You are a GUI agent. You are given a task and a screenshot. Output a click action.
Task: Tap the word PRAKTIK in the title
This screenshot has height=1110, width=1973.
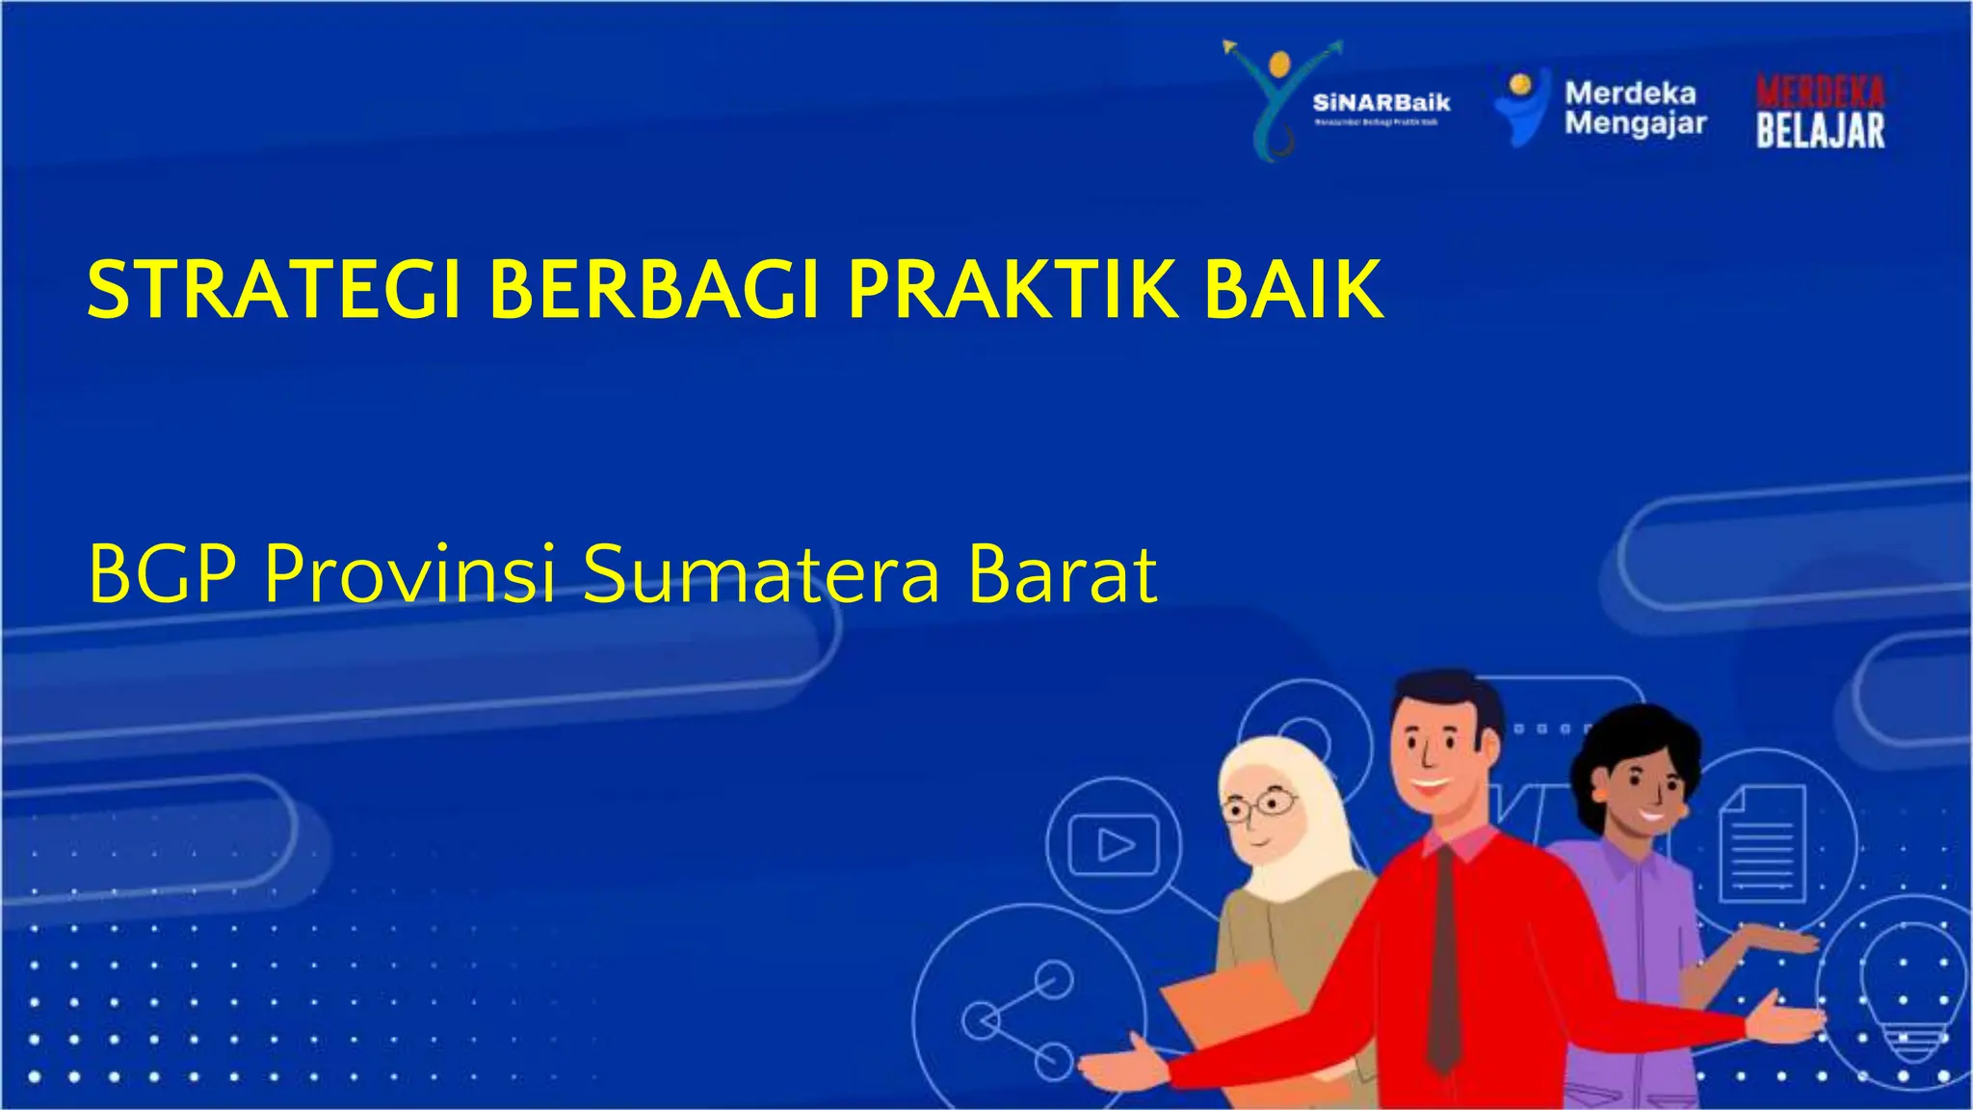pyautogui.click(x=1013, y=289)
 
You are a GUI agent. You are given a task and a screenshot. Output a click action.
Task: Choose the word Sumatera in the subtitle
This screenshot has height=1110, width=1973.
pyautogui.click(x=760, y=575)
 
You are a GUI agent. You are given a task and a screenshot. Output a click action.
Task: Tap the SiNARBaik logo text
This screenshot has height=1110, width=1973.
pyautogui.click(x=1381, y=103)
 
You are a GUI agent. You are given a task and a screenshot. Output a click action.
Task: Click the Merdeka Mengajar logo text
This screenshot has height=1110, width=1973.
pyautogui.click(x=1634, y=108)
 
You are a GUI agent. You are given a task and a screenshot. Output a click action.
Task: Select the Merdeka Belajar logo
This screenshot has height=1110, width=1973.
pyautogui.click(x=1820, y=113)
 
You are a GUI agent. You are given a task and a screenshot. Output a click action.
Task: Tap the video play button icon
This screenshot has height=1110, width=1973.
pyautogui.click(x=1115, y=845)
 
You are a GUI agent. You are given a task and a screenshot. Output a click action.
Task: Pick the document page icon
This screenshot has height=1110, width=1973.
pyautogui.click(x=1762, y=843)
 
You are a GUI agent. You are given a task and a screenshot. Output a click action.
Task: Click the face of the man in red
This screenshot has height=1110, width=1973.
pyautogui.click(x=1435, y=756)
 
